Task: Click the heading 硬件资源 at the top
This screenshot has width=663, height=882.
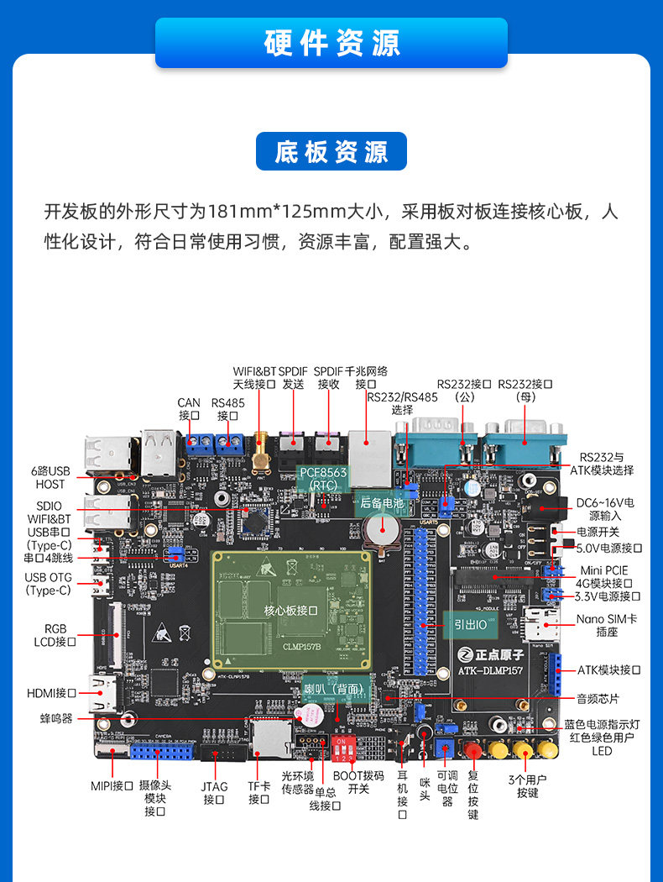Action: pos(331,43)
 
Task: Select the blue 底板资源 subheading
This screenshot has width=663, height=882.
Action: pos(331,152)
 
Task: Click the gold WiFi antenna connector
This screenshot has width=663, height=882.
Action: pos(261,454)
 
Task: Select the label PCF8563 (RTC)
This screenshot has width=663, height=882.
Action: pos(323,479)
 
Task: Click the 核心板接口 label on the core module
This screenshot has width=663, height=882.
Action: pos(290,611)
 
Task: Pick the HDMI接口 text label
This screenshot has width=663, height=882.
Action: pos(51,694)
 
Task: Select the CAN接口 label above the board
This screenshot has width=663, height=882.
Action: pos(189,409)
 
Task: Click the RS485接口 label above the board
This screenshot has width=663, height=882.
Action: pos(227,409)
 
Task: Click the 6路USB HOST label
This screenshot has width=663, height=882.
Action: pos(50,477)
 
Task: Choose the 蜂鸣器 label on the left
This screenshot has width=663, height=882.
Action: pos(56,719)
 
